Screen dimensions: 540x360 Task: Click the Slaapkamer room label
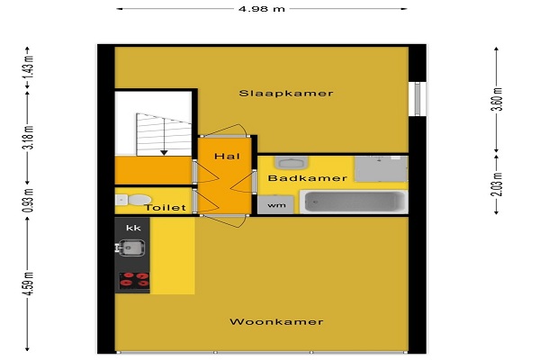tap(286, 94)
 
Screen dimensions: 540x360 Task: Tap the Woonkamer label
tap(276, 322)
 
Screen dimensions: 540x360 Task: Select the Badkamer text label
tap(308, 178)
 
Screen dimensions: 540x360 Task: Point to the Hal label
tap(228, 157)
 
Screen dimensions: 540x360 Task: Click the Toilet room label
tap(166, 208)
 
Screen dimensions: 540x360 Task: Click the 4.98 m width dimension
tap(262, 9)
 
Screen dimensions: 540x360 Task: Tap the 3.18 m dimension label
tap(29, 137)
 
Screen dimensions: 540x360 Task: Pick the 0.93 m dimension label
tap(29, 200)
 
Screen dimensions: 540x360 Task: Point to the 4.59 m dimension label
tap(29, 283)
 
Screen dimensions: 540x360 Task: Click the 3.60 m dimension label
tap(498, 99)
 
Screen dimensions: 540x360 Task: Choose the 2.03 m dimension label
tap(498, 184)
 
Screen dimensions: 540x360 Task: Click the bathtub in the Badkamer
tap(354, 202)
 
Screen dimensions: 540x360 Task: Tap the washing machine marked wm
tap(276, 204)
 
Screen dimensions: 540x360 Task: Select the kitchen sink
tap(131, 247)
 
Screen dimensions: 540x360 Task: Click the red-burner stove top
tap(134, 281)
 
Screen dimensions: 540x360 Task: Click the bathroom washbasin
tap(292, 163)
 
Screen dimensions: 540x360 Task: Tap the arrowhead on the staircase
tap(164, 152)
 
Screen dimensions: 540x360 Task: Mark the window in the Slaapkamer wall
tap(418, 99)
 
